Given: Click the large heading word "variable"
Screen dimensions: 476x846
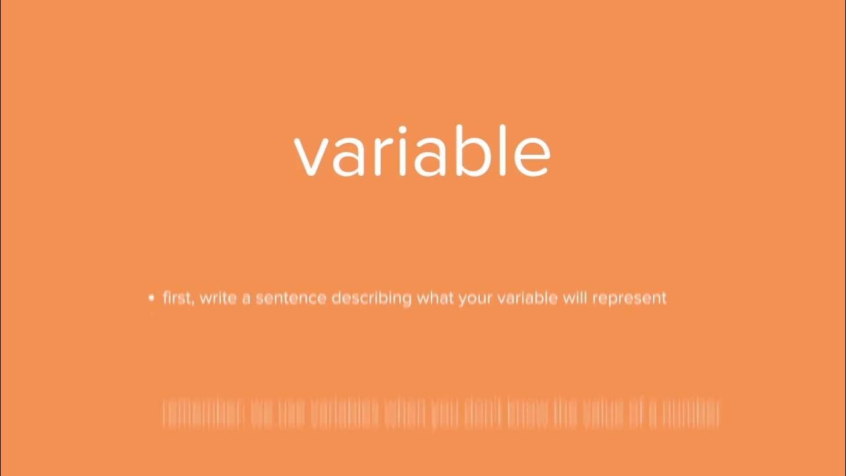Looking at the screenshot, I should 422,152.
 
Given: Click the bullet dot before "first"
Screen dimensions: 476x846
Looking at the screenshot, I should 152,298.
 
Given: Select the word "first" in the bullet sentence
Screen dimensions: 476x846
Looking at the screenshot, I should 178,297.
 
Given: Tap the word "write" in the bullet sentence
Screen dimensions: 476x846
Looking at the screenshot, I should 217,297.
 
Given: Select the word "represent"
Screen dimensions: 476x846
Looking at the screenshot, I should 629,299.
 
